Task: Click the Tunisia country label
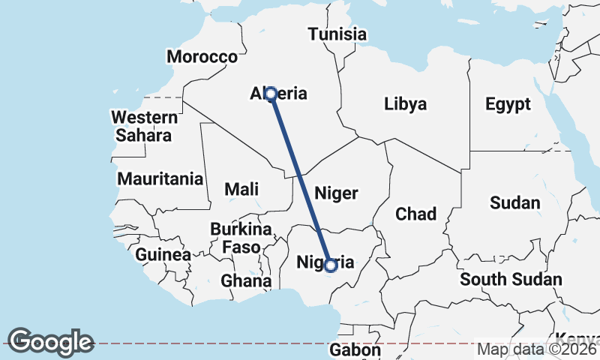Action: tap(337, 34)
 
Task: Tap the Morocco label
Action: tap(202, 57)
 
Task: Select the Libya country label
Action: tap(405, 103)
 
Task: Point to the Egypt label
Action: tap(508, 104)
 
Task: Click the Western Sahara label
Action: tap(144, 127)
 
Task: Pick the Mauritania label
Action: tap(160, 179)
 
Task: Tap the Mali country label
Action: tap(241, 189)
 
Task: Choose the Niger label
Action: tap(336, 193)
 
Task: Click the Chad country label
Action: tap(415, 214)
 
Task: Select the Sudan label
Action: tap(514, 203)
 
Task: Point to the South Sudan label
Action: tap(511, 280)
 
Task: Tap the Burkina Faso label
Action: tap(240, 238)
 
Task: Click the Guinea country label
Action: tap(163, 255)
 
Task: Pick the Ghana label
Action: tap(245, 281)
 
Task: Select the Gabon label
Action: tap(355, 350)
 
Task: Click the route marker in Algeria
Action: tap(271, 94)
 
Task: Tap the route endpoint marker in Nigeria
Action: tap(330, 265)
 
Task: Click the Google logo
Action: tap(50, 342)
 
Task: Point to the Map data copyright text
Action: tap(537, 349)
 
